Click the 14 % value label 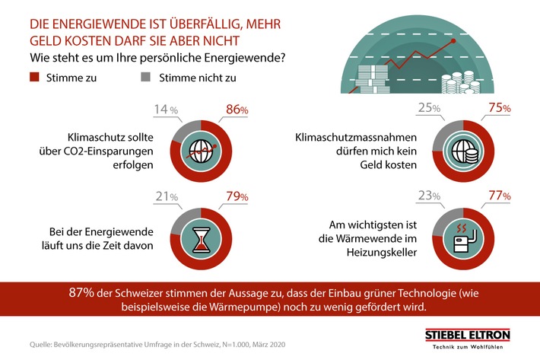point(167,110)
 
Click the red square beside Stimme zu point(35,77)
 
